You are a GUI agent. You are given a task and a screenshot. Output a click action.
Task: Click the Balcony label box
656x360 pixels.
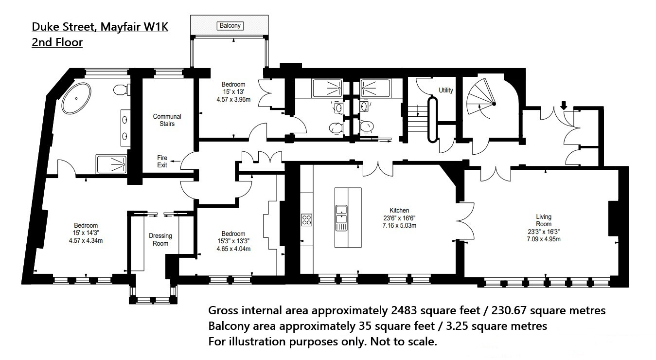click(x=230, y=26)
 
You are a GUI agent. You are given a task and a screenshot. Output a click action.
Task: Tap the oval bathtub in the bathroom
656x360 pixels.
click(x=76, y=98)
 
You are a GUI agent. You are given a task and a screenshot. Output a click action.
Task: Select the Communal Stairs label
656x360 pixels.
click(x=167, y=120)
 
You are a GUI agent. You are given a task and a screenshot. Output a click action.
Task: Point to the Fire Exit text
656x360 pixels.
click(x=162, y=162)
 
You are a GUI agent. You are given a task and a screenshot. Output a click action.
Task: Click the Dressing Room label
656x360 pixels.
click(x=160, y=240)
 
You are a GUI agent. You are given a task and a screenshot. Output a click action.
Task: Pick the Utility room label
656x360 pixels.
click(x=446, y=90)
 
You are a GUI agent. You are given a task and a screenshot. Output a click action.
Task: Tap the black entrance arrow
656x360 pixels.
click(x=564, y=106)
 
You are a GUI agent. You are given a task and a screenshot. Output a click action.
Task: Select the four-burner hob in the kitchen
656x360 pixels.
click(x=307, y=220)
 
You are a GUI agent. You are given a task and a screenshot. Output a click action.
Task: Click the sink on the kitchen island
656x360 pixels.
click(x=341, y=214)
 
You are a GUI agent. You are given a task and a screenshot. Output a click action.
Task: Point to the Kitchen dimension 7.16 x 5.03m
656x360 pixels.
click(x=399, y=226)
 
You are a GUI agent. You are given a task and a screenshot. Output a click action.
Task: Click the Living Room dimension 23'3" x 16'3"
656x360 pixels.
click(x=544, y=232)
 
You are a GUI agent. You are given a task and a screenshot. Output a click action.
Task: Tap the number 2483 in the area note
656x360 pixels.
click(x=404, y=310)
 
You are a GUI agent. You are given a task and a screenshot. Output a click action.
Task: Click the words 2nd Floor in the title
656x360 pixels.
click(x=57, y=42)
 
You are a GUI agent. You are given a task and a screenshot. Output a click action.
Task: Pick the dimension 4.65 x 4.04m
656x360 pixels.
click(x=233, y=249)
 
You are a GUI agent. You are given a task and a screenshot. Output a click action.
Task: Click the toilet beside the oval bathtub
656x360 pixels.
click(x=121, y=90)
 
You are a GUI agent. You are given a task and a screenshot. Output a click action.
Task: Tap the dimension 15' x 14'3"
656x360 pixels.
click(x=86, y=233)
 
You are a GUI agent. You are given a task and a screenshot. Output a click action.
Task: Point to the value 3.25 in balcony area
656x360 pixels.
click(x=458, y=326)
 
